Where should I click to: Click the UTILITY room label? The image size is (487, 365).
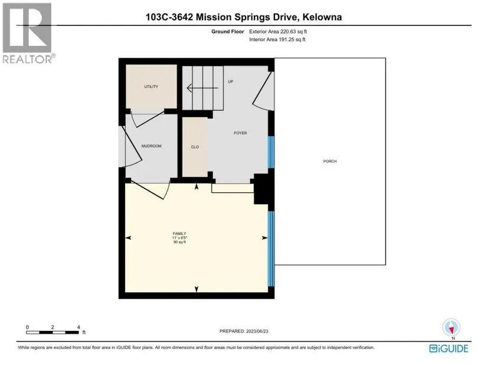(151, 87)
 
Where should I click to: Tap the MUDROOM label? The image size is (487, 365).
(151, 146)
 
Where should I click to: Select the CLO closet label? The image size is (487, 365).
(195, 147)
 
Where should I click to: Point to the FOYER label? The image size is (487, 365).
(240, 133)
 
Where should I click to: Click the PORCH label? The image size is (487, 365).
(330, 161)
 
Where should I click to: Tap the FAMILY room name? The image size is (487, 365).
(179, 234)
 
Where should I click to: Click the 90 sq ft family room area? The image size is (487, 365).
(179, 242)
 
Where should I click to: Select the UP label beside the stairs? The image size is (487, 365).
(230, 81)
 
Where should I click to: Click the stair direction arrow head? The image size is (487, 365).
(189, 88)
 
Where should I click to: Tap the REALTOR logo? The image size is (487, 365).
(28, 33)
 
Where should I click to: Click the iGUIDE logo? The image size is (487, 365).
(449, 348)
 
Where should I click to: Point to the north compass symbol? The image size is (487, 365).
(451, 327)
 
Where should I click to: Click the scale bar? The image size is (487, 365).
(53, 333)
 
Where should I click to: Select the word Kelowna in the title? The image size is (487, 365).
(322, 17)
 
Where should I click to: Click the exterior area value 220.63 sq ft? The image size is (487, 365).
(293, 31)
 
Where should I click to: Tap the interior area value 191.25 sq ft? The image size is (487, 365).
(292, 40)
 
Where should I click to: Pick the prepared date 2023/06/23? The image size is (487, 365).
(257, 331)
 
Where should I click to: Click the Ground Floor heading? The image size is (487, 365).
(228, 31)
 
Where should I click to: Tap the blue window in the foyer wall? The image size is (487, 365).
(271, 152)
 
